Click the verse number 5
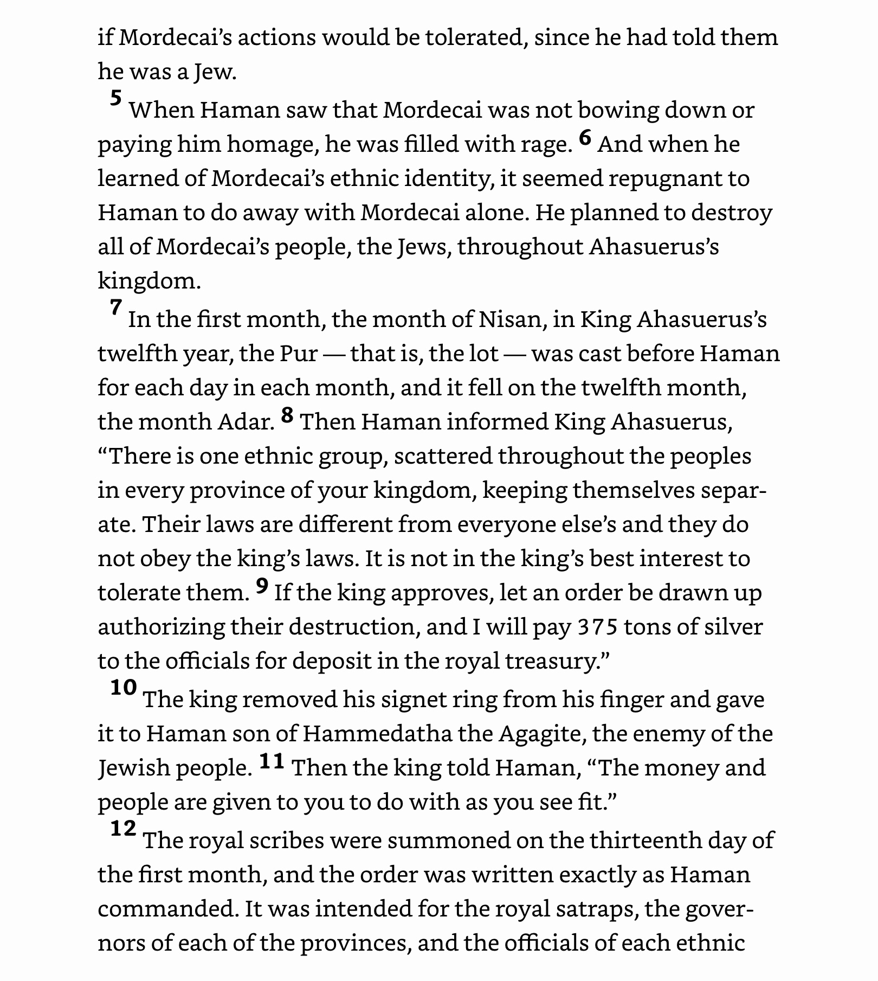tap(116, 99)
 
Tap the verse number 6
tap(585, 138)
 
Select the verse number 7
tap(115, 307)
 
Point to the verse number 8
tap(287, 415)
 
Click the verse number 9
tap(262, 586)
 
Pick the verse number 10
tap(124, 688)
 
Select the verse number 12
tap(123, 828)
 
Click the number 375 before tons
tap(597, 627)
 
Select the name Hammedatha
tap(377, 734)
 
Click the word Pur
tap(298, 354)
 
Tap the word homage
tap(273, 145)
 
